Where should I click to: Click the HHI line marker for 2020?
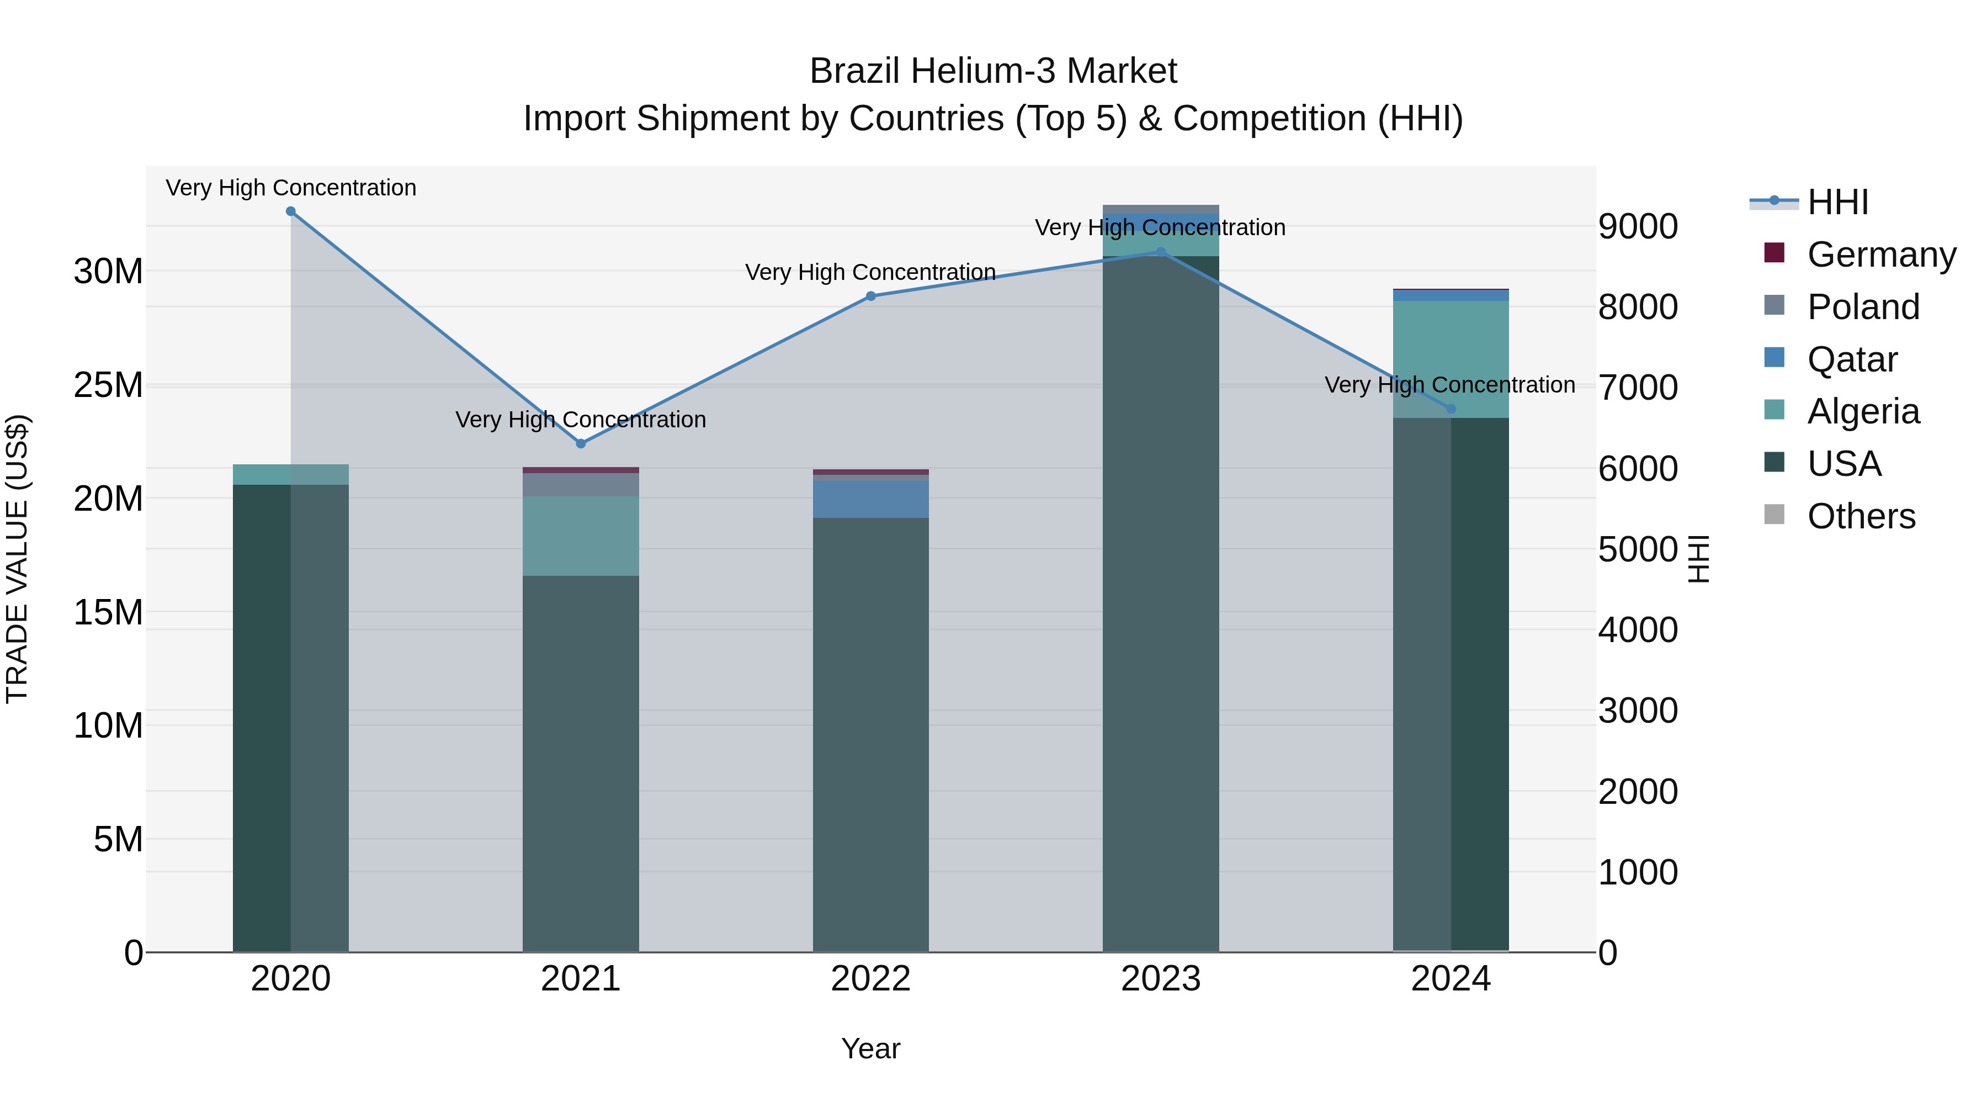pos(291,211)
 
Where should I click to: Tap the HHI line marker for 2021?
pos(581,444)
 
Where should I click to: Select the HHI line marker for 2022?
pos(871,296)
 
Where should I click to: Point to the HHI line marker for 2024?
pos(1451,409)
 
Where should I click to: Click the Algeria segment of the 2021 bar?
pos(581,536)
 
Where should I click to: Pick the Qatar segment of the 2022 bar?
pos(871,499)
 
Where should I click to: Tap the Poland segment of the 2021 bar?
pos(581,485)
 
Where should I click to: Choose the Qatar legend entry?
pos(1851,359)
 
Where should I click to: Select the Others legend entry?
pos(1861,516)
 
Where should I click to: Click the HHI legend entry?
pos(1837,202)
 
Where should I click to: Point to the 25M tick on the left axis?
pos(108,385)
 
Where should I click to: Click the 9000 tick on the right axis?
pos(1638,227)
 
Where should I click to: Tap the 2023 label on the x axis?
pos(1161,979)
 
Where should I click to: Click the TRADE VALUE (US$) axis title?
pos(18,559)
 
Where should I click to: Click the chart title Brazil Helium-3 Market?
pos(993,71)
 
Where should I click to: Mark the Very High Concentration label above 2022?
pos(871,272)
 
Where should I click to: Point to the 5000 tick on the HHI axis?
pos(1638,549)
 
